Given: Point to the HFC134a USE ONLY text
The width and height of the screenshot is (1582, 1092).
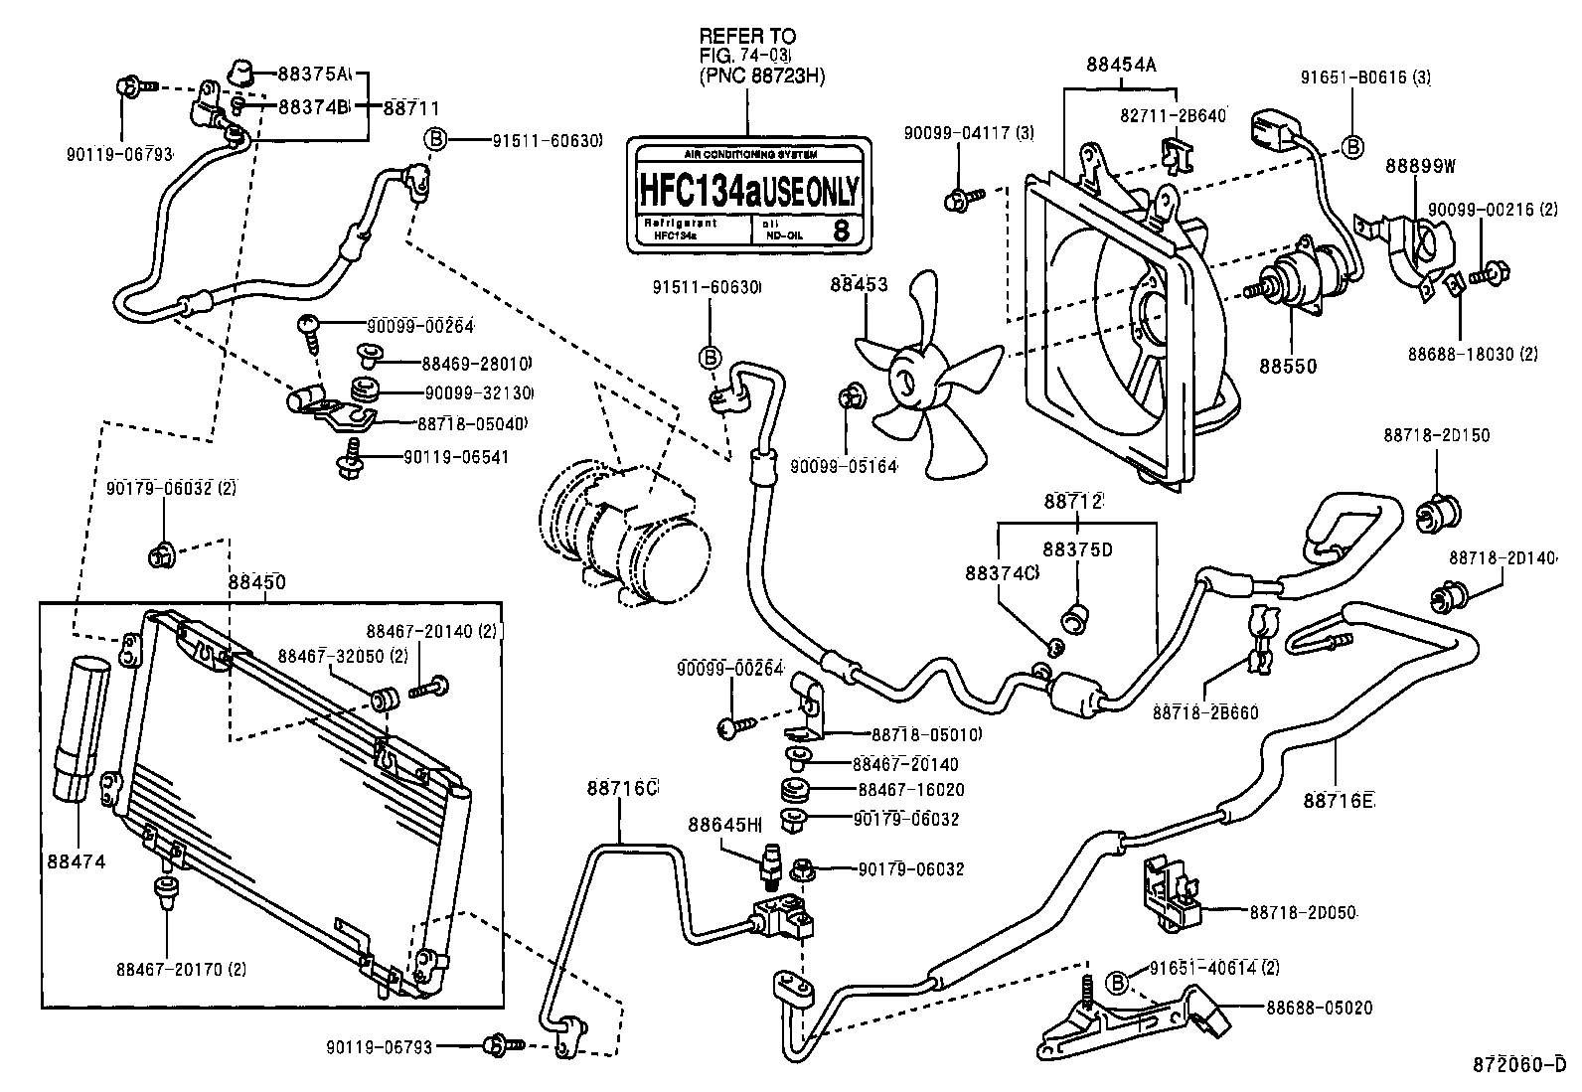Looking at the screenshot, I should click(x=747, y=190).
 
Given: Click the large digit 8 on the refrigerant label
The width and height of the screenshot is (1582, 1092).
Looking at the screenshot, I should click(x=840, y=232).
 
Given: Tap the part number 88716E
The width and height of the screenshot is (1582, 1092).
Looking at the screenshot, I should click(x=1338, y=801).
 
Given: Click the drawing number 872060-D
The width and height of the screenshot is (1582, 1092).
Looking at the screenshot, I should click(x=1525, y=1065).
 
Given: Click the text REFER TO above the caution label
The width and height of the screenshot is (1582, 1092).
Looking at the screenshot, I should click(x=747, y=36).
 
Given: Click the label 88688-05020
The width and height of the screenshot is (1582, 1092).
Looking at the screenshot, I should click(x=1319, y=1008).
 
